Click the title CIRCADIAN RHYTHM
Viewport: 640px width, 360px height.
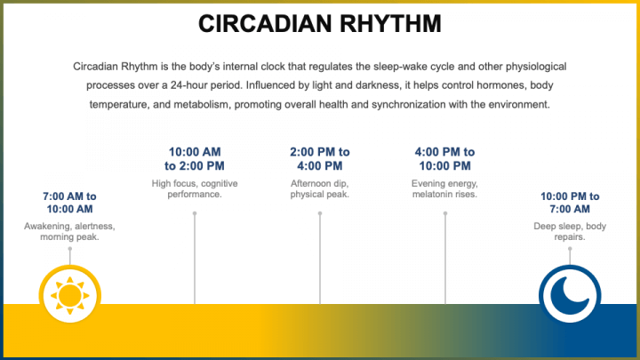point(319,24)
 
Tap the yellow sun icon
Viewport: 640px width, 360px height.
point(69,292)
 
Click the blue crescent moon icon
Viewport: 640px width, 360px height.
point(570,292)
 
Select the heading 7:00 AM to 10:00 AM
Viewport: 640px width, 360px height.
point(69,203)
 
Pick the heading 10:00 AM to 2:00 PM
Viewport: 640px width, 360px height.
point(195,158)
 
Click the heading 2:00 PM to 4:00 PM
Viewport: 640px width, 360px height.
point(320,158)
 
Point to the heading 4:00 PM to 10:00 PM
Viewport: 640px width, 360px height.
point(444,158)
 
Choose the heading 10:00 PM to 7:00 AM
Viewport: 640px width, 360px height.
point(570,203)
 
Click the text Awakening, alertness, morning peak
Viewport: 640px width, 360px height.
point(69,231)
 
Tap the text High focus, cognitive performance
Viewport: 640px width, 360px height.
point(195,188)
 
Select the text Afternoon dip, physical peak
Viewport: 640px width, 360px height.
point(320,188)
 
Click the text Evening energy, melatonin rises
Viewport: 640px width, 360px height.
point(444,188)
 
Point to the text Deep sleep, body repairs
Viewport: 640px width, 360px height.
point(570,231)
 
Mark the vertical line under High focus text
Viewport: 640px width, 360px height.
point(195,258)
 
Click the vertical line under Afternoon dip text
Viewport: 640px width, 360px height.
point(320,258)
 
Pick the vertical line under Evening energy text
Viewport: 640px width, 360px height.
point(444,258)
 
